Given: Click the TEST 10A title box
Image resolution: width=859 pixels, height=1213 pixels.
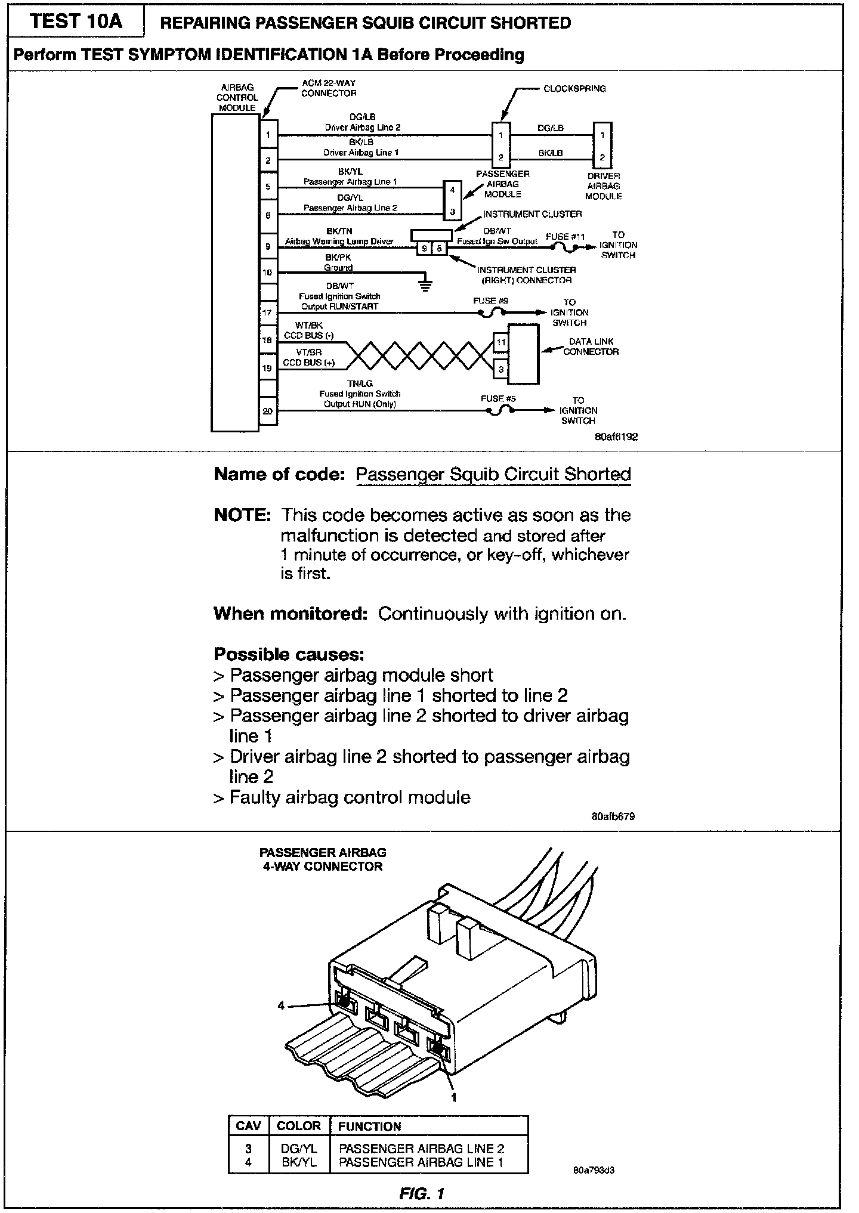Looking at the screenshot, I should (x=76, y=21).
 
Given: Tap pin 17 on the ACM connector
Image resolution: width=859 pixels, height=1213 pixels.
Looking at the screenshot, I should (x=268, y=312).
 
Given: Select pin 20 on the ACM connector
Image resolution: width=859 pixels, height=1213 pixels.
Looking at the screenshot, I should (x=268, y=411).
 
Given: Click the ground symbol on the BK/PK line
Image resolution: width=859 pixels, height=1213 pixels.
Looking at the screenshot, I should (x=425, y=284).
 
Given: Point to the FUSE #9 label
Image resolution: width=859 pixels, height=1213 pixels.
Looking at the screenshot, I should (x=490, y=301).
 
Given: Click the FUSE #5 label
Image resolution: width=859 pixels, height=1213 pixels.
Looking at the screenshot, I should (x=498, y=398).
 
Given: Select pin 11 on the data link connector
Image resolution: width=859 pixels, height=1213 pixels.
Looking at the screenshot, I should (x=500, y=342).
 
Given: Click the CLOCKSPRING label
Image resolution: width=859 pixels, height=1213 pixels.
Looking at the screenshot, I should (x=574, y=89).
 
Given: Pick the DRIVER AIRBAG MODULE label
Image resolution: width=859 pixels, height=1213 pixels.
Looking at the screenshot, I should (x=604, y=186).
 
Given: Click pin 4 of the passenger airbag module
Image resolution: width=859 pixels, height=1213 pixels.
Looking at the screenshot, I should (x=453, y=190).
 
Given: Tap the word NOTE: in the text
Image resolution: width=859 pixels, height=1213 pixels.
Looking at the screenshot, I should (x=242, y=515).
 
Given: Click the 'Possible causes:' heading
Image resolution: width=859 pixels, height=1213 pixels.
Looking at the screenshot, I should (x=289, y=655).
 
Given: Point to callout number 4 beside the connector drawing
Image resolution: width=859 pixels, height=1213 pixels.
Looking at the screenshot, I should (x=281, y=1005).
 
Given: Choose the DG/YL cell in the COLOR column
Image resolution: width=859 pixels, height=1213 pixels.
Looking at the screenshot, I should (x=299, y=1149).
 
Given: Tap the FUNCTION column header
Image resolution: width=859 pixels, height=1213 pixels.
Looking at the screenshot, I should (x=369, y=1127).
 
